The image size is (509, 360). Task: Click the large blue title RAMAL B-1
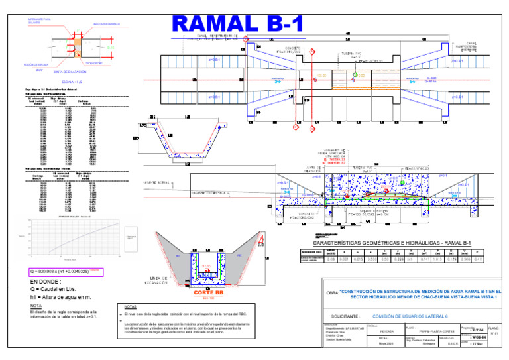click(237, 24)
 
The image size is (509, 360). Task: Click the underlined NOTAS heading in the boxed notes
click(131, 306)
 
